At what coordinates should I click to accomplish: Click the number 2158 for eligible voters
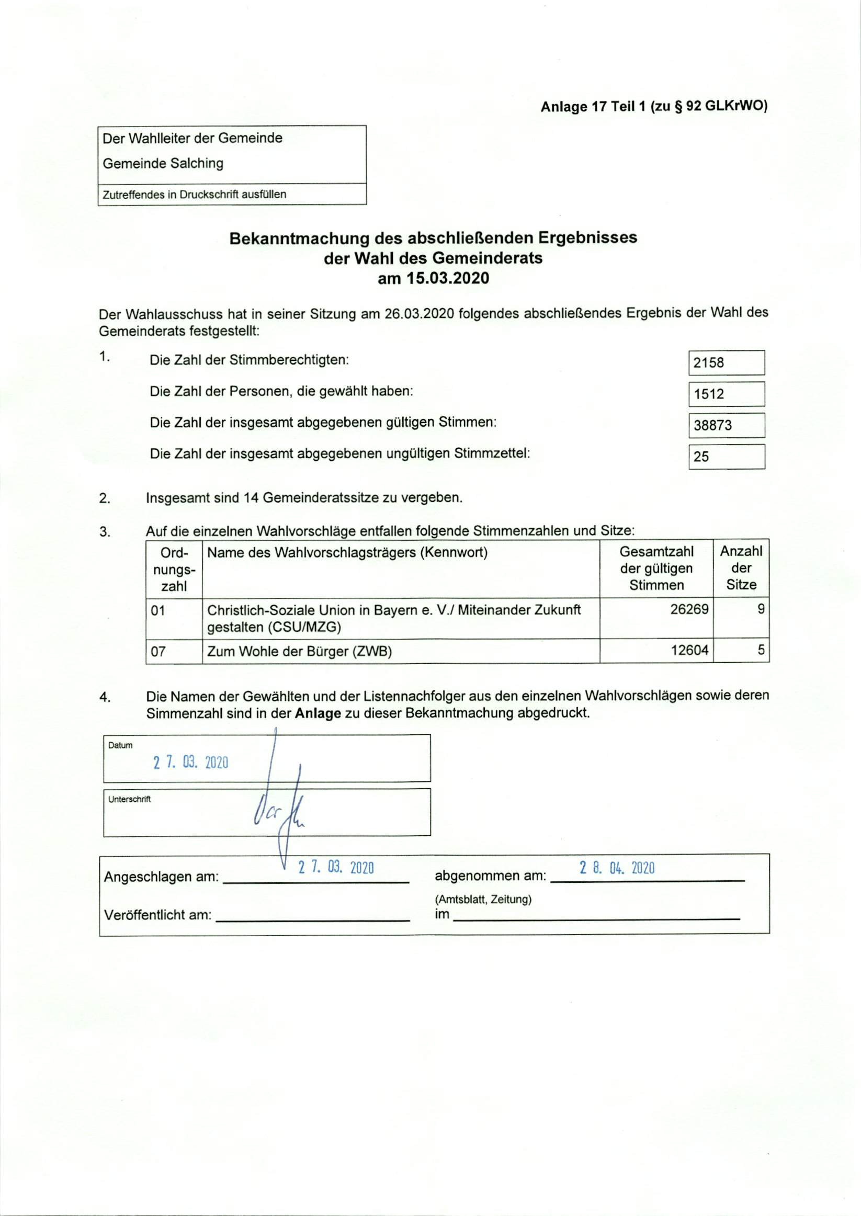pyautogui.click(x=708, y=363)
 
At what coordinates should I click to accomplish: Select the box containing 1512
pyautogui.click(x=727, y=394)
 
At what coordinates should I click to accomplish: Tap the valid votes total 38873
pyautogui.click(x=712, y=425)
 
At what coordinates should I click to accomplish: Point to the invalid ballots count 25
pyautogui.click(x=701, y=457)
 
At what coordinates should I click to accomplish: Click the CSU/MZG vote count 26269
pyautogui.click(x=689, y=609)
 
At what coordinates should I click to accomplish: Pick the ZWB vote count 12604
pyautogui.click(x=689, y=651)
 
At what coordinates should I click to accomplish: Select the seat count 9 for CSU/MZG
pyautogui.click(x=760, y=609)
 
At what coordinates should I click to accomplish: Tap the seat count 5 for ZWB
pyautogui.click(x=760, y=651)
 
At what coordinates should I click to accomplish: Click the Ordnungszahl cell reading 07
pyautogui.click(x=158, y=652)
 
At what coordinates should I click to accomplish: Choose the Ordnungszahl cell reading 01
pyautogui.click(x=158, y=611)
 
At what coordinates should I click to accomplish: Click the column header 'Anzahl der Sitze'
pyautogui.click(x=741, y=568)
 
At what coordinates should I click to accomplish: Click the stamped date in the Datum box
pyautogui.click(x=191, y=763)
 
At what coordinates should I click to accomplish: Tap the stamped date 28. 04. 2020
pyautogui.click(x=617, y=868)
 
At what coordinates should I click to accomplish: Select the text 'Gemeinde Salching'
pyautogui.click(x=163, y=163)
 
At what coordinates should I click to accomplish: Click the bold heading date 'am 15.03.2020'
pyautogui.click(x=433, y=278)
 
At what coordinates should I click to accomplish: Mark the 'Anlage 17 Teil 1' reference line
pyautogui.click(x=654, y=107)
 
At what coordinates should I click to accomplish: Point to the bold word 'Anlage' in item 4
pyautogui.click(x=318, y=713)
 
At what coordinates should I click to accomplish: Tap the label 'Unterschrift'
pyautogui.click(x=129, y=799)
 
